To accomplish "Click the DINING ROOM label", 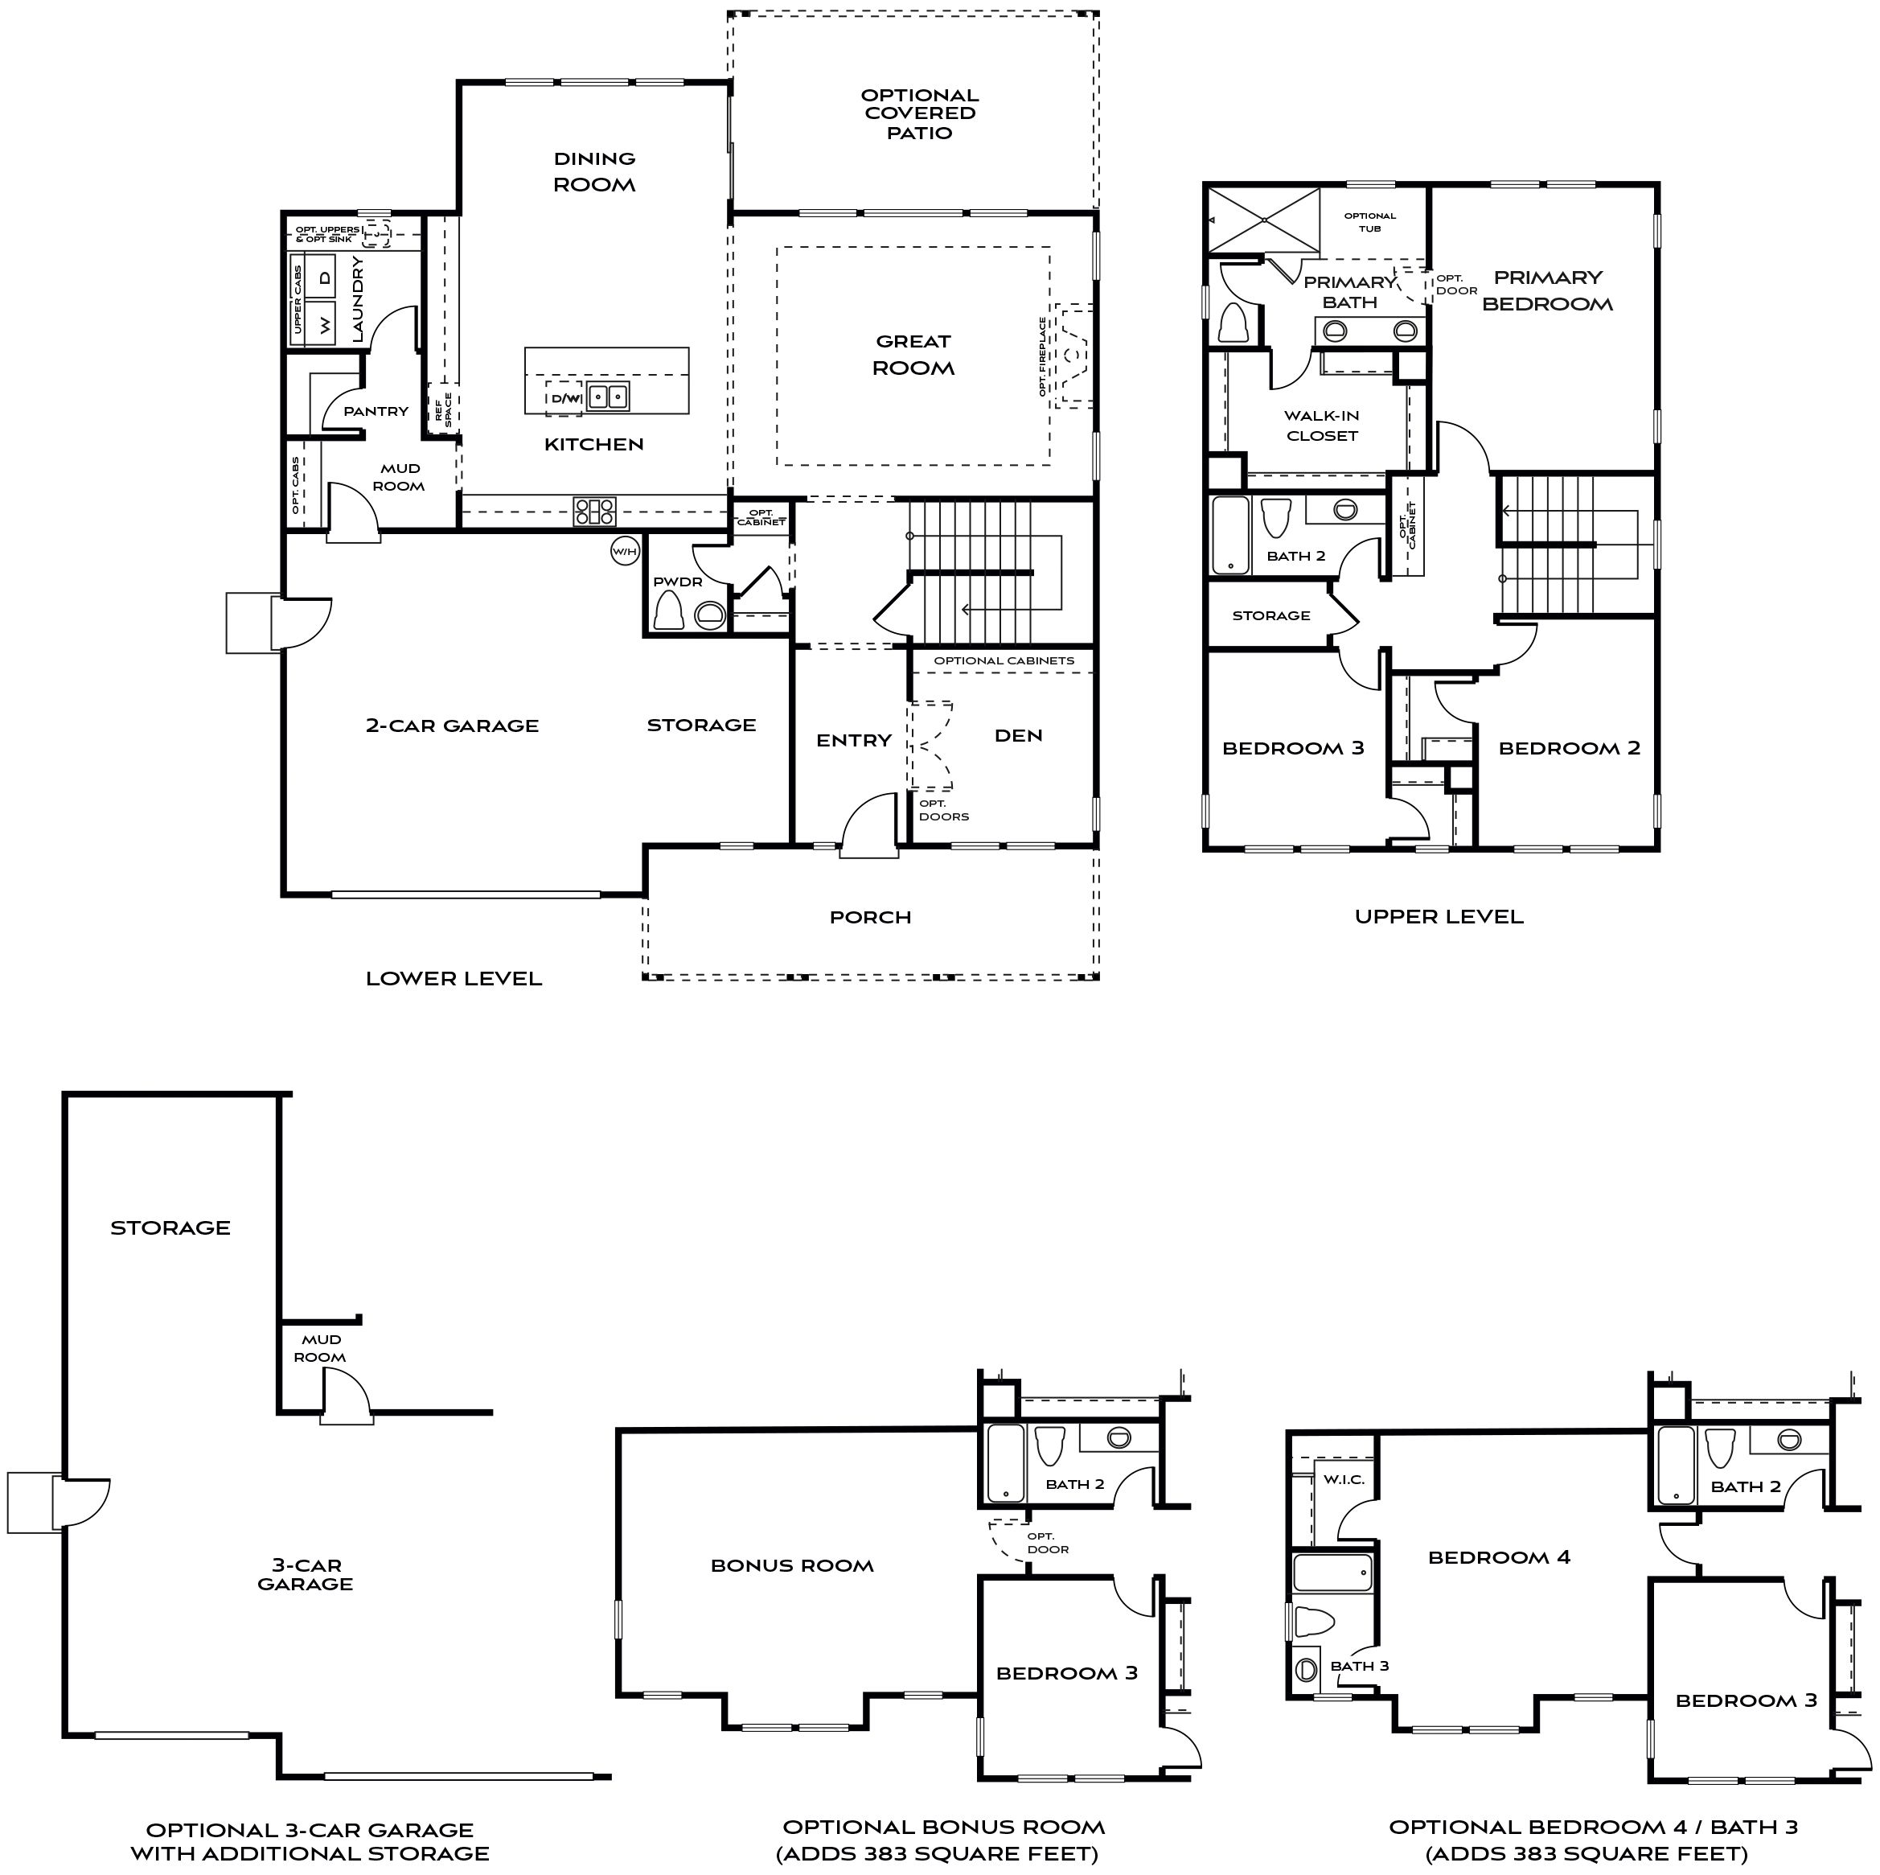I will pos(593,171).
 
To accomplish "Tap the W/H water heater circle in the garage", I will pos(625,552).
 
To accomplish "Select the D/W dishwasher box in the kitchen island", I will pos(564,398).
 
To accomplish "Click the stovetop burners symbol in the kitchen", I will pos(593,511).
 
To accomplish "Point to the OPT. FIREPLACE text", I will pos(1042,356).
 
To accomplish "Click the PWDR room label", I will pos(677,582).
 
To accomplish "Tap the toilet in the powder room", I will pos(667,612).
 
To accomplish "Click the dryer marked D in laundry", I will pos(325,278).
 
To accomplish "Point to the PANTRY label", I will pos(376,412).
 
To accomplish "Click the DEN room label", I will pos(1018,736).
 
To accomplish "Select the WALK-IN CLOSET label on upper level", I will pos(1321,426).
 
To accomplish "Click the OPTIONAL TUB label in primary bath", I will pos(1369,222).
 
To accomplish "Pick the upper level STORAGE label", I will pos(1270,615).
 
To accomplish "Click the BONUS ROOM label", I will pos(791,1566).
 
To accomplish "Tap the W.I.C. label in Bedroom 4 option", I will pos(1344,1480).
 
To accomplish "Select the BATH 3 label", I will pos(1360,1666).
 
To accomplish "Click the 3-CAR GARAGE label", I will pos(305,1575).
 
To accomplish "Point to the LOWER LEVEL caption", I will pos(454,978).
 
